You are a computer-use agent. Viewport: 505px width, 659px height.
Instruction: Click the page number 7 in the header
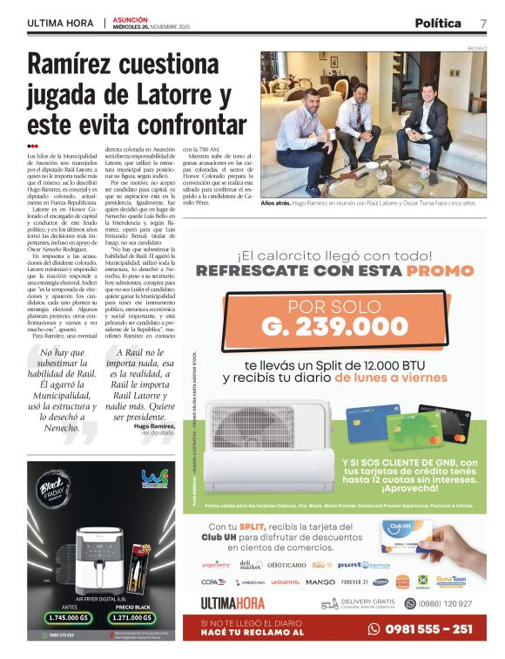tap(482, 23)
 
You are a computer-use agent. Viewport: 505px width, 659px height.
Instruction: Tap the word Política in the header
tap(441, 23)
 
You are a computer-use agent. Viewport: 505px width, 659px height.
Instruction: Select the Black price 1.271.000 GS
tap(138, 618)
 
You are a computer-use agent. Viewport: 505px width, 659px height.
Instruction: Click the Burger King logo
tap(402, 581)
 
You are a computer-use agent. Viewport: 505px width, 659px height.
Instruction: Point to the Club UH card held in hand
tap(407, 535)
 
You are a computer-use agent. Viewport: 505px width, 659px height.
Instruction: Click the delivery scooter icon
tap(329, 603)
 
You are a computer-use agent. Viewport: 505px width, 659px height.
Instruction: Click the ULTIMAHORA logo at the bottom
tap(232, 603)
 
